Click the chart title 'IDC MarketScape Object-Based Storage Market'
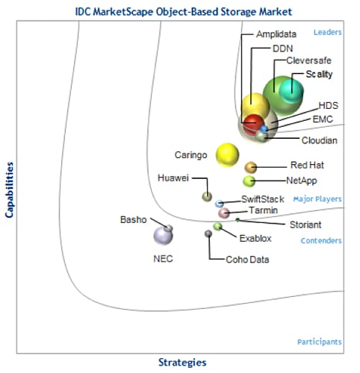click(184, 12)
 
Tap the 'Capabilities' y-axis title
click(9, 190)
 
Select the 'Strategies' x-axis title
click(182, 363)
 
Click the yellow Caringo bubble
click(227, 155)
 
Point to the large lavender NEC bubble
click(163, 236)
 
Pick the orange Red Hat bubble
click(251, 167)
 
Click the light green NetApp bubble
click(249, 181)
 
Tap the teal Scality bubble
click(291, 91)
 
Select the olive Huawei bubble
click(207, 197)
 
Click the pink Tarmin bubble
click(224, 213)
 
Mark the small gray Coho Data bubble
click(208, 233)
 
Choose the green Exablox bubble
click(217, 226)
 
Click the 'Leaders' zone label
click(327, 32)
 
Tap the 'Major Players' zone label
click(317, 199)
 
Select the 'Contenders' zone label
click(321, 240)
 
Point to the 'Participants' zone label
click(320, 342)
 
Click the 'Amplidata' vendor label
click(276, 34)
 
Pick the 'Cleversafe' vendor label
click(308, 60)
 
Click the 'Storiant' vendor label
click(305, 225)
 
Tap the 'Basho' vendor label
click(133, 219)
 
